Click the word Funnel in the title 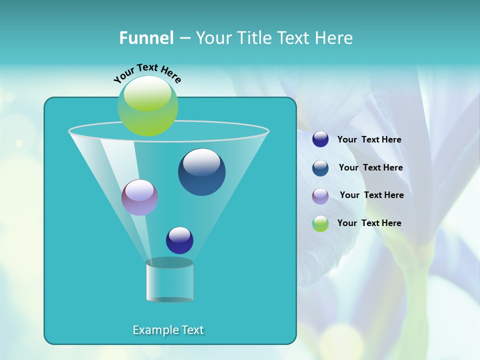(x=146, y=38)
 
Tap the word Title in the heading (x=254, y=38)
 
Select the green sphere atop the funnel (x=148, y=106)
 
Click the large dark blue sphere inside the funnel (x=201, y=172)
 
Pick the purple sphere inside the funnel (x=139, y=197)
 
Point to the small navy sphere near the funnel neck (x=179, y=240)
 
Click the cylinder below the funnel (x=169, y=281)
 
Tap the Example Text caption (x=168, y=330)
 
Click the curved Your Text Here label (x=147, y=72)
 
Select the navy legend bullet (x=320, y=139)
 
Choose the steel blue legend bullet (x=320, y=168)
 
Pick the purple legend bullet (x=320, y=195)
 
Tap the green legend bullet (x=320, y=223)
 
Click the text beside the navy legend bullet (x=369, y=140)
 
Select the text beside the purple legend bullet (x=371, y=195)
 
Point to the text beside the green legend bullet (x=369, y=223)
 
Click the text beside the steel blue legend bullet (x=370, y=168)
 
